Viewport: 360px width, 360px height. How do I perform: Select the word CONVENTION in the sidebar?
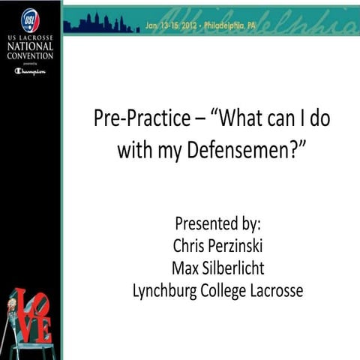(30, 58)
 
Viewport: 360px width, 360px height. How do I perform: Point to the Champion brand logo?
(30, 71)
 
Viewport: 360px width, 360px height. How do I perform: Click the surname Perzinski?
(240, 245)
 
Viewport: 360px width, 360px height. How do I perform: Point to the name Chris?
(184, 245)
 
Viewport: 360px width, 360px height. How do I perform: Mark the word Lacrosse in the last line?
(277, 290)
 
